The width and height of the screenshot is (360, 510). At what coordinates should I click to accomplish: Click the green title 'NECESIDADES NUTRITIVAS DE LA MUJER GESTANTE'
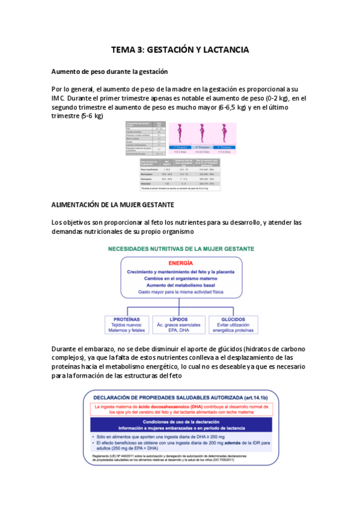180,248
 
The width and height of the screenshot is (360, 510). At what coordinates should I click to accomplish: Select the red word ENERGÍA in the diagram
181,263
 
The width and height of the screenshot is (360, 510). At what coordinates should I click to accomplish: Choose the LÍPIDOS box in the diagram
180,325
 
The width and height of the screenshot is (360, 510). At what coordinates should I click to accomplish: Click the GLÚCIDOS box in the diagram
234,325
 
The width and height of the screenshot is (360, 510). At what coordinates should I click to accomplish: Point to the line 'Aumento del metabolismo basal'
180,284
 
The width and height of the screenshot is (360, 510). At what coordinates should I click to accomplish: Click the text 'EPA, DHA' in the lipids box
180,330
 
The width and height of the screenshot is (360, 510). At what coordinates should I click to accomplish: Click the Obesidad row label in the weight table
148,183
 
